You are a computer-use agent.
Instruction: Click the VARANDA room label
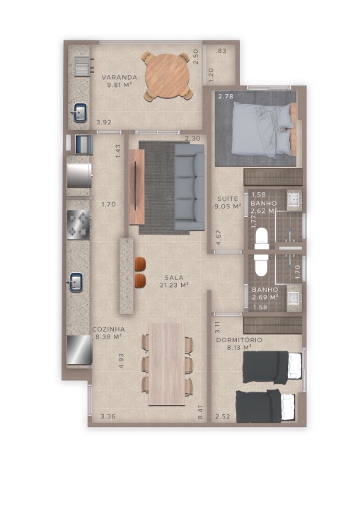tap(119, 77)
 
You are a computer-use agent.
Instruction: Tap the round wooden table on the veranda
tap(168, 76)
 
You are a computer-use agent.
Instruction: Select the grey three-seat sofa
tap(190, 187)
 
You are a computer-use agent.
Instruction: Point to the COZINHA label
tap(108, 329)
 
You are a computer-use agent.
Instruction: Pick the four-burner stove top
tap(79, 225)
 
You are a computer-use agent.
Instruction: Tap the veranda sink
tap(79, 112)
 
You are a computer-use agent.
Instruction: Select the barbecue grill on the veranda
tap(83, 66)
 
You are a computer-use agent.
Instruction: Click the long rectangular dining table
tap(167, 364)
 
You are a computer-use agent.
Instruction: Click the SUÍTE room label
tap(228, 199)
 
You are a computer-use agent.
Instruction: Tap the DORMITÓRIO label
tap(239, 340)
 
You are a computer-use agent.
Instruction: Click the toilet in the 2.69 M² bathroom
tap(262, 264)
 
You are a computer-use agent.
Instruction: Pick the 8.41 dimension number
tap(200, 412)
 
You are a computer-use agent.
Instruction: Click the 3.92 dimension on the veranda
tap(104, 122)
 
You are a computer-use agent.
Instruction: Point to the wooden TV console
tap(137, 187)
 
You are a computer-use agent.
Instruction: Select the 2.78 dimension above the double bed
tap(226, 96)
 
